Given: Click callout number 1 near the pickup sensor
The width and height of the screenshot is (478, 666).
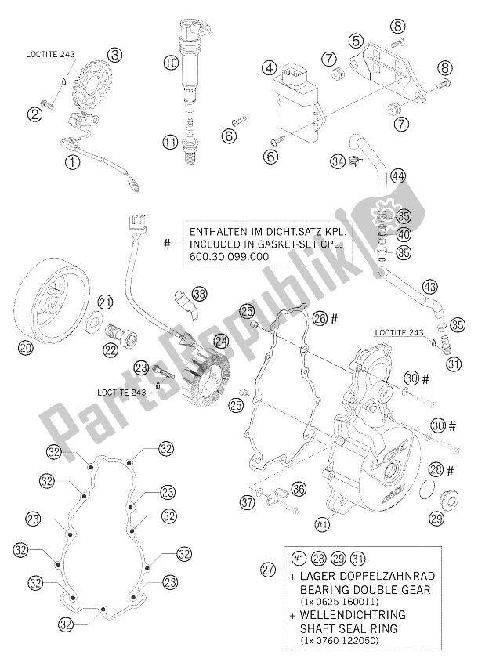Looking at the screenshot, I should pos(72,164).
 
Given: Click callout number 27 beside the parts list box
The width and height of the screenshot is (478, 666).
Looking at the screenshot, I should pos(267,570).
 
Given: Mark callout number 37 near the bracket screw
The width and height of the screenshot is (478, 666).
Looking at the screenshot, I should pos(248,501).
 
